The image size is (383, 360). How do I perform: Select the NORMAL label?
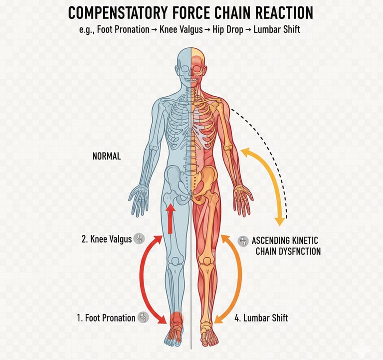pos(107,156)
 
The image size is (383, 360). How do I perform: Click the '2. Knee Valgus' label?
pos(106,239)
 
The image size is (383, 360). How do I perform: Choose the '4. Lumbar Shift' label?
pos(260,317)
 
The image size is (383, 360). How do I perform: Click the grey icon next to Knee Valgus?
pos(140,239)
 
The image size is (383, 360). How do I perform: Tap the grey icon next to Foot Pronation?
pos(143,317)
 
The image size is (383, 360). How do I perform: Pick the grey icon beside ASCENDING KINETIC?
pos(243,241)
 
